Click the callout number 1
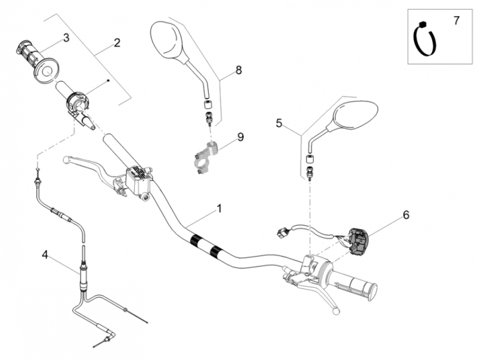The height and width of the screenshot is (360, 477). pos(219,209)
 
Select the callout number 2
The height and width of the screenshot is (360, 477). pos(117,43)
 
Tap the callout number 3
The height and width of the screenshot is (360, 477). pos(66,38)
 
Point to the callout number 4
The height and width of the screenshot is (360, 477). pos(45,255)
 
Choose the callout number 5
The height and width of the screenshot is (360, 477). pos(279,123)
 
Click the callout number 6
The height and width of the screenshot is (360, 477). pos(406,215)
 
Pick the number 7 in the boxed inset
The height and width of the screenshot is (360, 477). pos(456,21)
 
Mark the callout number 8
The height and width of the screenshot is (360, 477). pos(238,70)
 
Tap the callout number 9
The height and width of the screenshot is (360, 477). pos(240,137)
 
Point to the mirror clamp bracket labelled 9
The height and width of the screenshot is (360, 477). pos(206,156)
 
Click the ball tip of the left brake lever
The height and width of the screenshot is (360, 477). pos(66,159)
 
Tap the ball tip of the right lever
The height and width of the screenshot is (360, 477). pos(336,311)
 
